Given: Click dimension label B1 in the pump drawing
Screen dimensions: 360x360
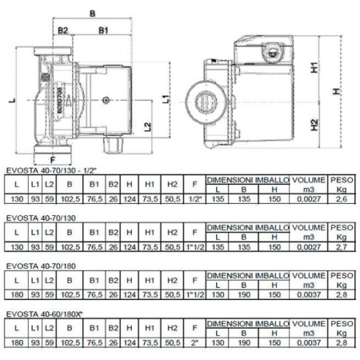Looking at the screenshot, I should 103,32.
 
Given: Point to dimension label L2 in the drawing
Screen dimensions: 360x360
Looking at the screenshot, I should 147,126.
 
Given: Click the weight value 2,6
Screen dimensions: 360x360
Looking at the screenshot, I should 342,198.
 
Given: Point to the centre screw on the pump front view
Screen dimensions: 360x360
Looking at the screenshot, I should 105,101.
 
